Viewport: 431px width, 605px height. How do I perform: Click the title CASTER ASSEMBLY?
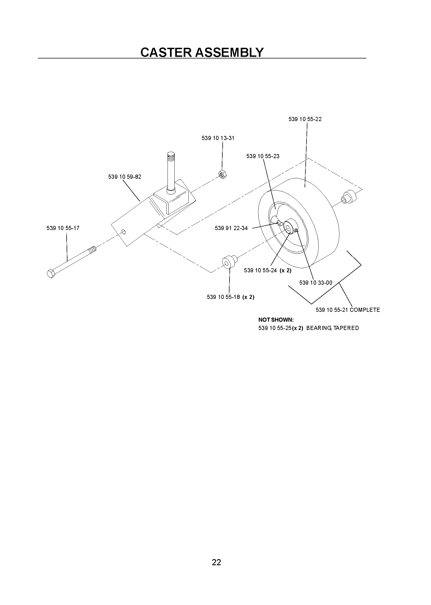[202, 52]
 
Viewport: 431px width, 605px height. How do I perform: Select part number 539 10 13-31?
[218, 138]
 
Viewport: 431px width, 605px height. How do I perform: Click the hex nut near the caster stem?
[222, 175]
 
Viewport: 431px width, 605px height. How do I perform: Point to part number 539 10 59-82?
[125, 177]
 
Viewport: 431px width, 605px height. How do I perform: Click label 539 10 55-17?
[63, 228]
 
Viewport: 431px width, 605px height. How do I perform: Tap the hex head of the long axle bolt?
[51, 274]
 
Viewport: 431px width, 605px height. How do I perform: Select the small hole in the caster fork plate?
[124, 232]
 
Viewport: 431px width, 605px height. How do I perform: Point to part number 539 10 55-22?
[305, 119]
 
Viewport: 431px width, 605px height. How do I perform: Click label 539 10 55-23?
[263, 156]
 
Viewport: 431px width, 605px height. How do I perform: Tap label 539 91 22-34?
[231, 228]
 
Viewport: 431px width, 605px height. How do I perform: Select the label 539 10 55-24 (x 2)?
[268, 270]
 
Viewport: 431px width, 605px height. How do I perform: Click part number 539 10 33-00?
[316, 283]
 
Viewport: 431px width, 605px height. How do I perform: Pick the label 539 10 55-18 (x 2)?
[231, 297]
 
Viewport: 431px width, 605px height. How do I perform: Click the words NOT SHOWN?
[276, 320]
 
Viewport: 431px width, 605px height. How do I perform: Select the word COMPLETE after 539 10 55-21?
[365, 310]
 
